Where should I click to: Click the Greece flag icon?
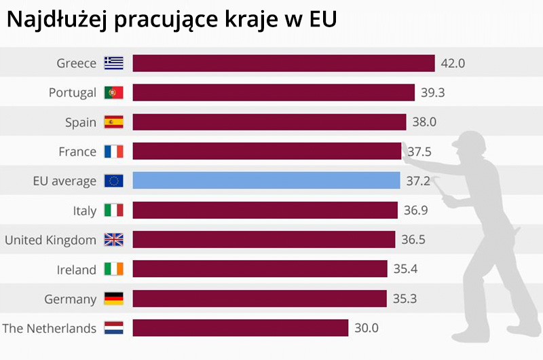113,63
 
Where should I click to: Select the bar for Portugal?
274,92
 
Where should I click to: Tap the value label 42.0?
453,63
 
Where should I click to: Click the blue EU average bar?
266,181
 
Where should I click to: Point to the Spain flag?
113,122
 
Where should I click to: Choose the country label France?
77,151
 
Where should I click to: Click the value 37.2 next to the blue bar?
417,181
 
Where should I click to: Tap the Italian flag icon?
113,211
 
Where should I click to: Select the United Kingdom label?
50,240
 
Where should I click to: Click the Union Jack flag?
113,240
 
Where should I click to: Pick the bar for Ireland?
260,269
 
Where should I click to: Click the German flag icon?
113,299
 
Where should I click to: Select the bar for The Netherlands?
240,328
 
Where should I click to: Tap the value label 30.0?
367,328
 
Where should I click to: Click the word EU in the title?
322,20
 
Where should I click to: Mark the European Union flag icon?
113,181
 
